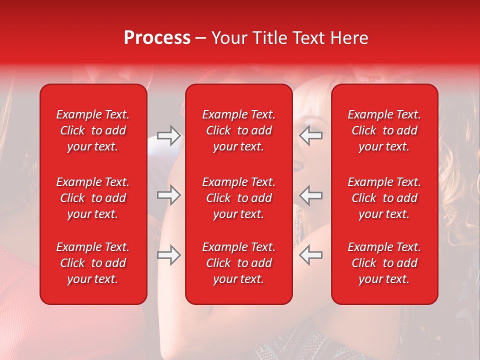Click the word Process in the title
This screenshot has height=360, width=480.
pos(157,38)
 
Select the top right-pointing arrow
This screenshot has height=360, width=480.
pos(168,135)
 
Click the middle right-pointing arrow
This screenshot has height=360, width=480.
pos(168,195)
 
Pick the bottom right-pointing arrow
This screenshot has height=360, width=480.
pos(168,255)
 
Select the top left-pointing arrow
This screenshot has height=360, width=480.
pos(311,135)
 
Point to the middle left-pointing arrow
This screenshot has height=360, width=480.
pos(311,195)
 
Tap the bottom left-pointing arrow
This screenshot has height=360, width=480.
pos(311,255)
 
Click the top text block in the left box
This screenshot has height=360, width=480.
pos(93,130)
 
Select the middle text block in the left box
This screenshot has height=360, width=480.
pos(93,198)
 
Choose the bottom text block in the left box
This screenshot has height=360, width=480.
pos(93,263)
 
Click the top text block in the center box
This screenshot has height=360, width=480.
pos(238,130)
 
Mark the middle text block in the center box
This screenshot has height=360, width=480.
pos(238,198)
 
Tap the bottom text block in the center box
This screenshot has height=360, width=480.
pos(238,263)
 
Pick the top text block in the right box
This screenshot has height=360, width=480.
pos(384,130)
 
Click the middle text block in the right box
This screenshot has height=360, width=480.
pos(384,198)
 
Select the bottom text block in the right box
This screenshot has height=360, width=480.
pos(384,263)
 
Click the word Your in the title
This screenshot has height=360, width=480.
pos(227,38)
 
